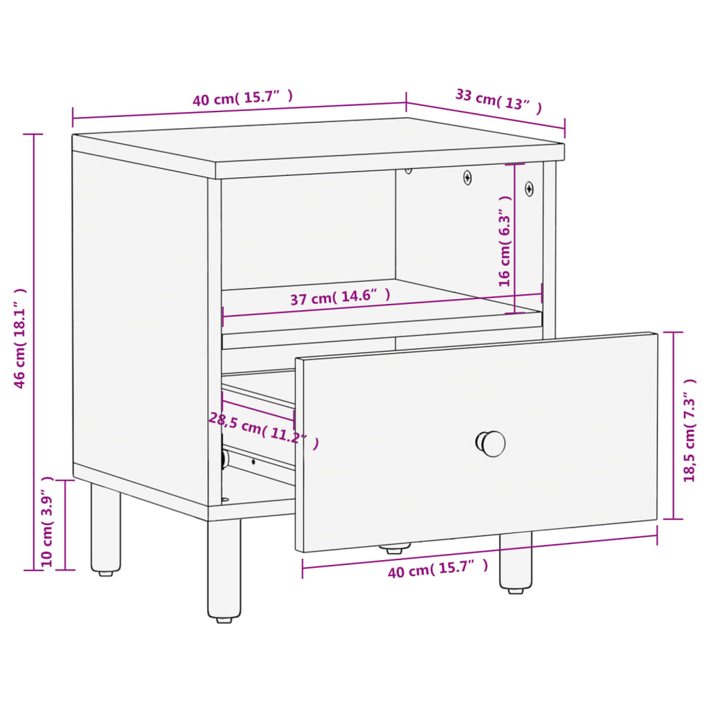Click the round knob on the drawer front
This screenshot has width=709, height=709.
click(492, 443)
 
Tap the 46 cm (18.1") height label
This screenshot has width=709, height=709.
click(21, 339)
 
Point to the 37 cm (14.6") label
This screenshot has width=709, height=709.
click(340, 298)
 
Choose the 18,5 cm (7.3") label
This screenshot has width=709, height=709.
click(690, 430)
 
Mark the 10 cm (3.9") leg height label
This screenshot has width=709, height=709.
click(47, 521)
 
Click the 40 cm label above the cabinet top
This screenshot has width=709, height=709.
click(242, 98)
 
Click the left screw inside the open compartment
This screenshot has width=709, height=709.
click(468, 178)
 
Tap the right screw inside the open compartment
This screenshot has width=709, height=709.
click(529, 188)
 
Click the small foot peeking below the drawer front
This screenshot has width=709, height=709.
click(393, 548)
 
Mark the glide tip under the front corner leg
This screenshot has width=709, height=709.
click(224, 619)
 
